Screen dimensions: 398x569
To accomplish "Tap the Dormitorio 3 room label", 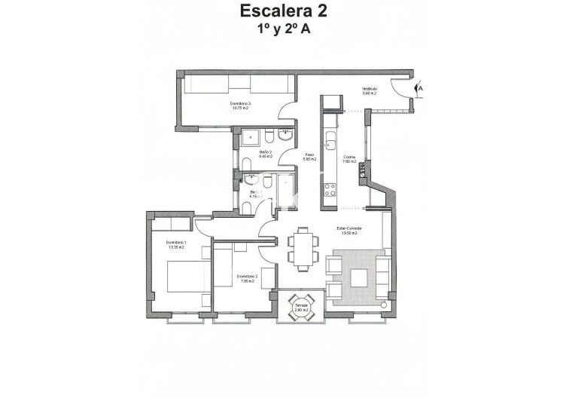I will point(240,106).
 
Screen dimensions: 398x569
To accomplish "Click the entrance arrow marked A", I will point(420,89).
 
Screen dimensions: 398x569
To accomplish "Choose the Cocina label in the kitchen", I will point(348,158).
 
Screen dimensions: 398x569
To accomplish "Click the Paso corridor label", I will point(309,158).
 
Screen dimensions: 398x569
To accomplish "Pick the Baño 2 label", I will point(265,155).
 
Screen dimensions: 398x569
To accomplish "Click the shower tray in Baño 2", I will point(251,136).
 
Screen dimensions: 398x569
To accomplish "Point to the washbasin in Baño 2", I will point(285,136).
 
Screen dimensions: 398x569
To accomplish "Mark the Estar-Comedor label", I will point(349,231).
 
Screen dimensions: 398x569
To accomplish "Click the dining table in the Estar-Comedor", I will point(302,248).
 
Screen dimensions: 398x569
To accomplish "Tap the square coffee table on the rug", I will point(358,277).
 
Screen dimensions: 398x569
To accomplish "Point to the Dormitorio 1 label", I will point(175,243).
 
